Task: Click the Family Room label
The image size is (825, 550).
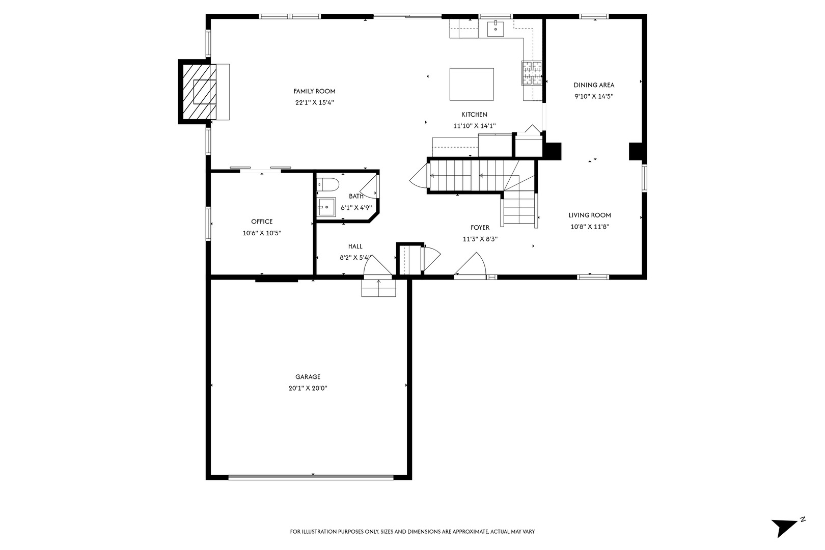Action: click(314, 91)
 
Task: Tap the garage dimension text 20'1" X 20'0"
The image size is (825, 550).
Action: click(308, 388)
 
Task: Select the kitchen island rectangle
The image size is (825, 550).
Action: click(472, 84)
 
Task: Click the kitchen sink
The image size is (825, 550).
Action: click(496, 29)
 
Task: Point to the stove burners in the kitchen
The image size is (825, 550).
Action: click(532, 73)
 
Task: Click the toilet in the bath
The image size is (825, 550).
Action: click(328, 184)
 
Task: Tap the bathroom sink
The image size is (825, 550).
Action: click(326, 207)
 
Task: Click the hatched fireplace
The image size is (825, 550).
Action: click(199, 92)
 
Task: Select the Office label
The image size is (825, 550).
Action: click(262, 222)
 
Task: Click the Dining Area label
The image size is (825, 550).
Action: click(594, 85)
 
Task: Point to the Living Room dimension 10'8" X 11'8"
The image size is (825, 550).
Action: click(590, 227)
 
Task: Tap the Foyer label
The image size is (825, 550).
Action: click(480, 228)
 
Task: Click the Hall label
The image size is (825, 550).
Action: click(355, 246)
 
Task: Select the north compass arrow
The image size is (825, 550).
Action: click(785, 527)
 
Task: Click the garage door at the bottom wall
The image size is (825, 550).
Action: click(311, 477)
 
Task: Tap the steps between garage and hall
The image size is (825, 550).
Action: click(378, 288)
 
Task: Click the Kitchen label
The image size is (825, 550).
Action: click(475, 115)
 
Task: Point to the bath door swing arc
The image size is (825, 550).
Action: click(369, 188)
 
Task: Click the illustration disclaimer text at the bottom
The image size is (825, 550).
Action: click(412, 532)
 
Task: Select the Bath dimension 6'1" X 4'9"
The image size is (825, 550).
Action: click(356, 208)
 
